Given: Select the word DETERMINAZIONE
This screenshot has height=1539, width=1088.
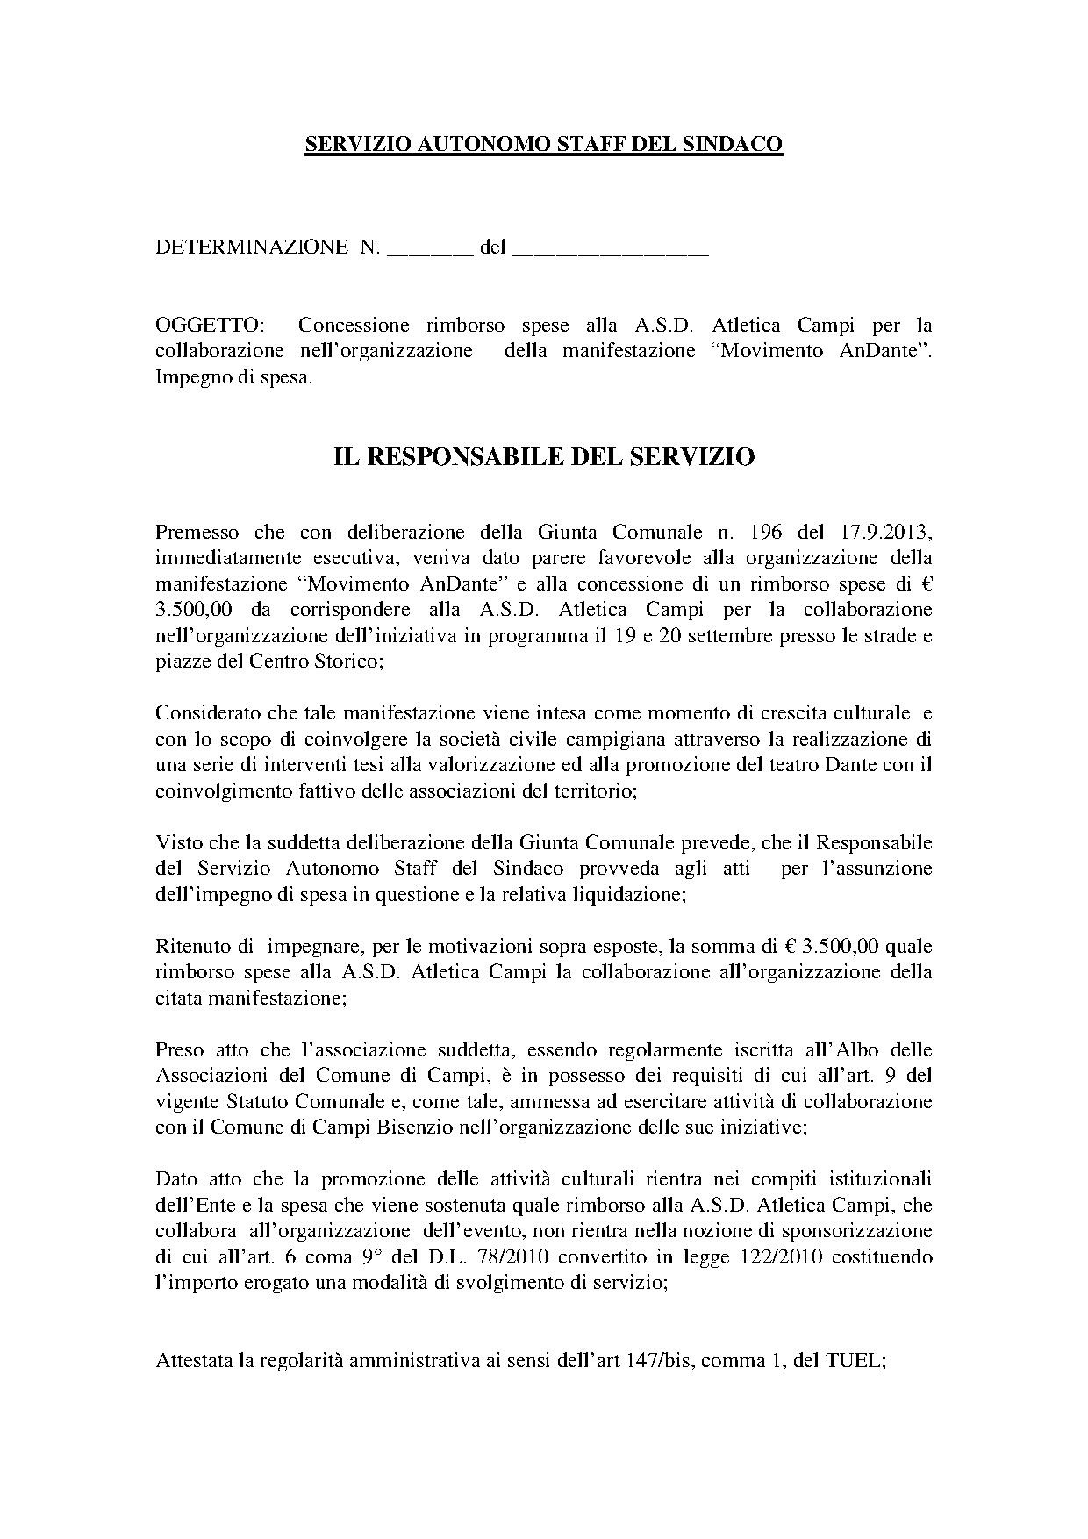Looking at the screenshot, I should [x=251, y=247].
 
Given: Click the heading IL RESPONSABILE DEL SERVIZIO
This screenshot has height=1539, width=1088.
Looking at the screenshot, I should [x=544, y=457].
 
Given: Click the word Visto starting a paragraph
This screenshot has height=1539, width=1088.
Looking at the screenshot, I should [x=177, y=842].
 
